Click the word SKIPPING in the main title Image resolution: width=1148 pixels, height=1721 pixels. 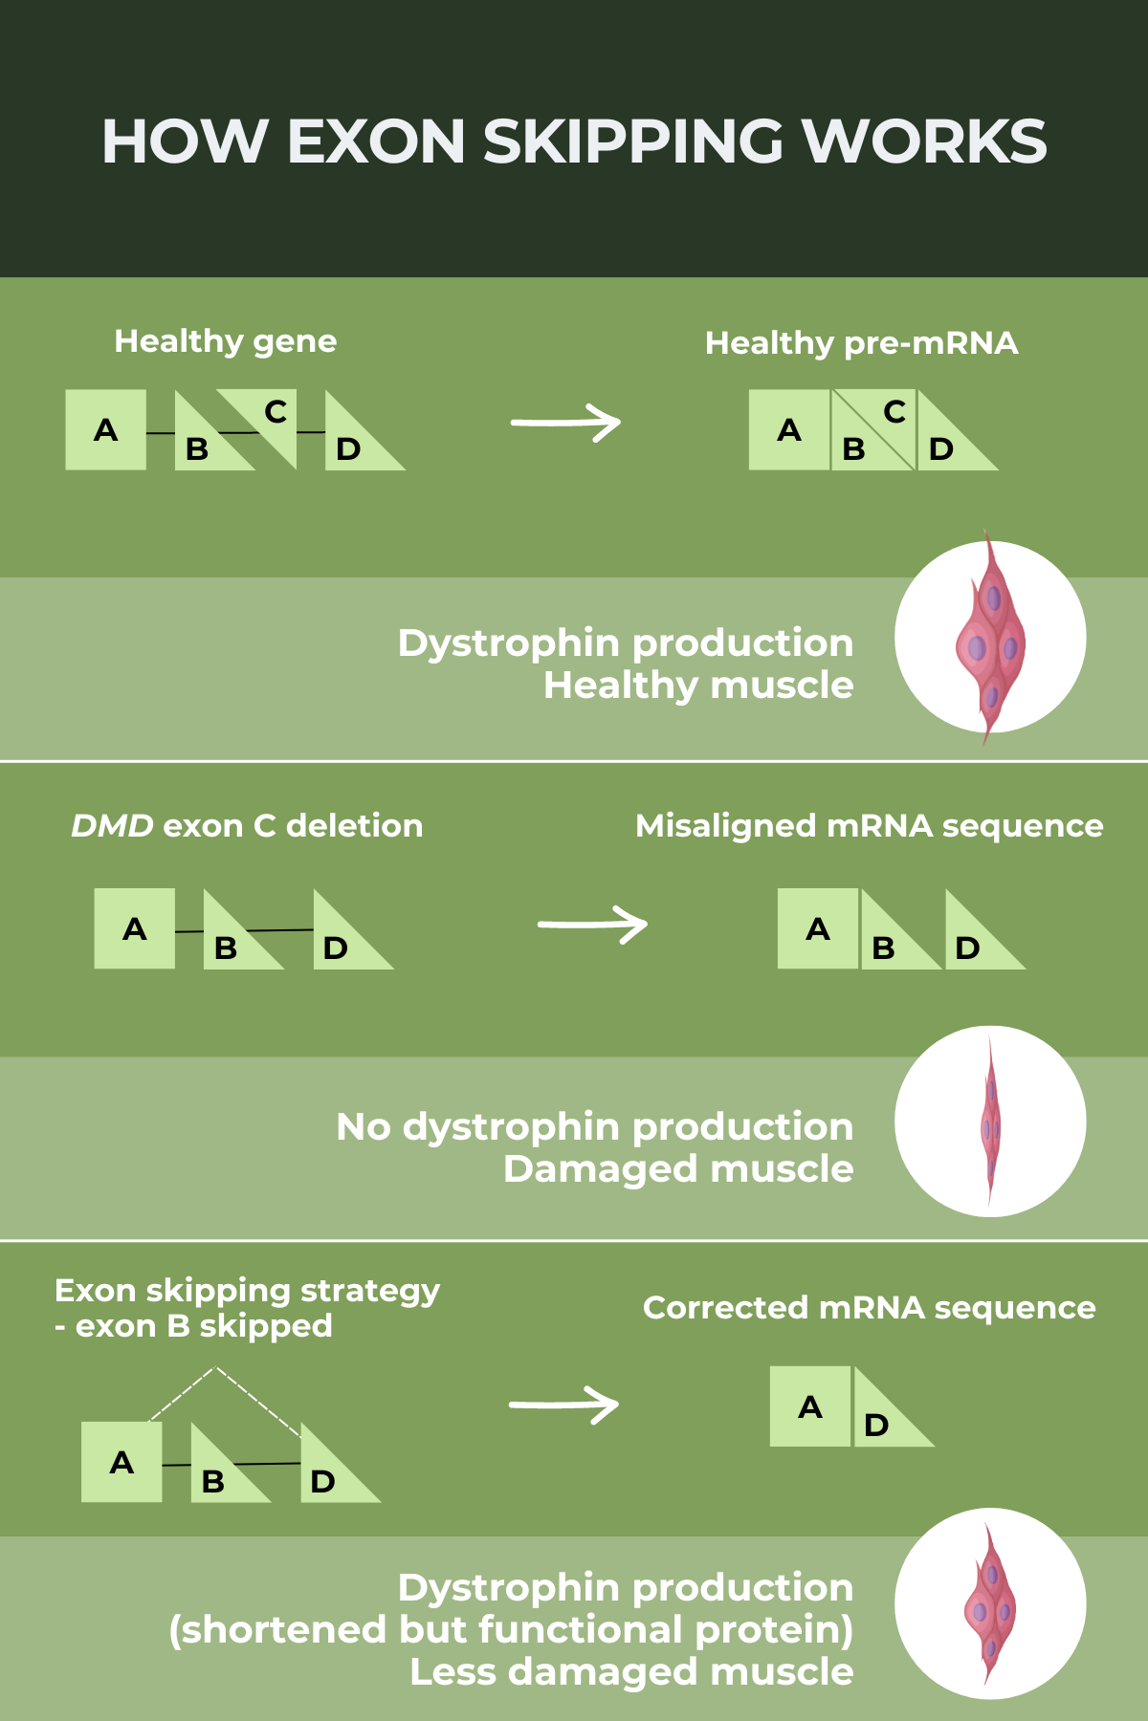tap(632, 142)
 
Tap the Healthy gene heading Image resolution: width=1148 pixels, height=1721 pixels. tap(225, 341)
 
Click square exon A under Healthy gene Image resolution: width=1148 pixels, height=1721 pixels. tap(106, 430)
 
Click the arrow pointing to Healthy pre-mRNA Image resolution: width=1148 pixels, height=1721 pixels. tap(565, 423)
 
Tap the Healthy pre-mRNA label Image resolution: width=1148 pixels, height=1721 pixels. tap(861, 343)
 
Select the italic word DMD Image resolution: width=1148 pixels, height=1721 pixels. tap(112, 826)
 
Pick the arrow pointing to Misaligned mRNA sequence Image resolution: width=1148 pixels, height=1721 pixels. tap(592, 925)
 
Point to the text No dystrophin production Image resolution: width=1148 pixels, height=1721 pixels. tap(594, 1127)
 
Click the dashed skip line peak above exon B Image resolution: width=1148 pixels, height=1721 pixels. tap(217, 1370)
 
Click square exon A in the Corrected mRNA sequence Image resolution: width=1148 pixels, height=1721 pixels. tap(810, 1406)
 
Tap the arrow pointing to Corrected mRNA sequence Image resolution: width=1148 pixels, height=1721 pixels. tap(563, 1405)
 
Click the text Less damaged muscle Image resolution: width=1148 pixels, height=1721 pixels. tap(631, 1672)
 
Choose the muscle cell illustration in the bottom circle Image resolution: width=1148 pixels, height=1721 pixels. tap(990, 1605)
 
